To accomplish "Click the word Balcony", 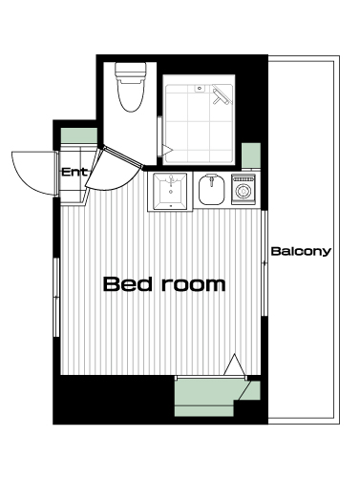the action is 301,252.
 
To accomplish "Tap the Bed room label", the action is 164,284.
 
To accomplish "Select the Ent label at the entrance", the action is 74,173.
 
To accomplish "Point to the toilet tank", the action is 131,71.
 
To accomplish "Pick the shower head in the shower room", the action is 221,94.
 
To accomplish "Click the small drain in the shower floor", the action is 200,88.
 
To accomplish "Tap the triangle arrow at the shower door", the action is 167,150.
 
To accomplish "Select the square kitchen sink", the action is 170,192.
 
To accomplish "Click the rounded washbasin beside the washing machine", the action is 211,190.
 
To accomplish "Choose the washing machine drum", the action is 244,192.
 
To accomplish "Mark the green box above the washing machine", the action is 251,156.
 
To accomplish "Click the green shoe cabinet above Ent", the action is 79,135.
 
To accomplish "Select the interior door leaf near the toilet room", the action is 121,156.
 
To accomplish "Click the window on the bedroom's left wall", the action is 56,297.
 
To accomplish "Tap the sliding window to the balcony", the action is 265,263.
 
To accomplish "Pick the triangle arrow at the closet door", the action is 235,364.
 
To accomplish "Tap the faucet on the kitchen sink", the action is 171,181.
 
